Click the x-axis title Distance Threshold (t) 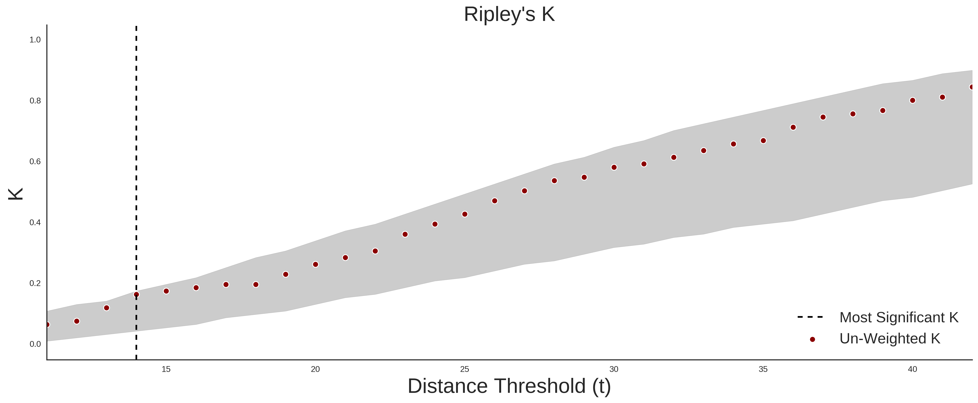point(509,386)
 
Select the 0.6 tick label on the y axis point(35,162)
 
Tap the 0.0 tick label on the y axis point(35,344)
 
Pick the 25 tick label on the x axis point(465,369)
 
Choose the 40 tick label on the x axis point(912,369)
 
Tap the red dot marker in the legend point(812,339)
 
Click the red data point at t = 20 point(315,264)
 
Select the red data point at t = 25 point(465,214)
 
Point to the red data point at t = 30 point(614,167)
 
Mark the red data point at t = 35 point(763,141)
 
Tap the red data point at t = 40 point(912,100)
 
